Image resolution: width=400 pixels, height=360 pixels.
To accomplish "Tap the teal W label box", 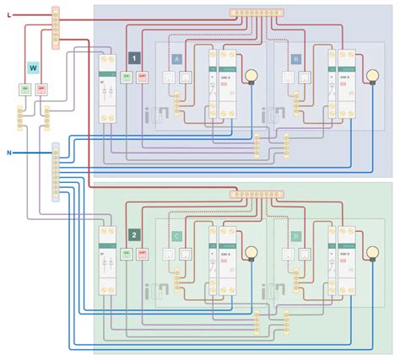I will (x=34, y=67).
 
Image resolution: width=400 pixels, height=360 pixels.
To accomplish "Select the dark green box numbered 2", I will (x=133, y=235).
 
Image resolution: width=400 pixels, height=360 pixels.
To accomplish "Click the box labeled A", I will (x=177, y=59).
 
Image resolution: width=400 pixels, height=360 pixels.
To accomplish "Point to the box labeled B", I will (x=295, y=59).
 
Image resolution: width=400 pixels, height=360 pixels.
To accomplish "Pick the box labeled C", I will (x=177, y=237).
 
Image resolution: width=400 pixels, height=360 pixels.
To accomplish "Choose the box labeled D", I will (x=295, y=237).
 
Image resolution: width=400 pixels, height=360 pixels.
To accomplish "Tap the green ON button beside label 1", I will (x=127, y=77).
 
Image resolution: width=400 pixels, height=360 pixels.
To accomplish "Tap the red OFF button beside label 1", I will (x=143, y=77).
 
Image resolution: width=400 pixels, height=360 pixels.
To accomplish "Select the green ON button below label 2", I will (x=127, y=254).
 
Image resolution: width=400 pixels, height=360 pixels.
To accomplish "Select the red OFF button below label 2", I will (x=143, y=254).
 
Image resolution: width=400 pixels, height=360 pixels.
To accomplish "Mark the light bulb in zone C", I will (x=250, y=252).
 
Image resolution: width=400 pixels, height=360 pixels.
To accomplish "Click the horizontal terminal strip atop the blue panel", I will (x=257, y=14).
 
